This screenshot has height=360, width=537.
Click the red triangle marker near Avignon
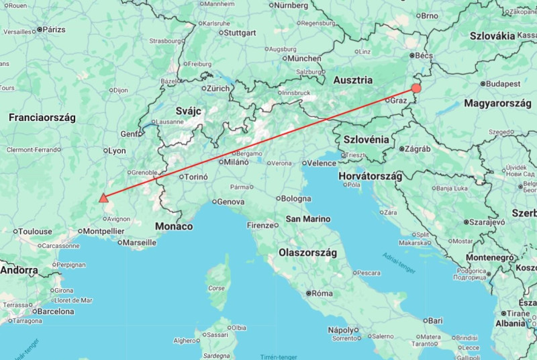point(103,197)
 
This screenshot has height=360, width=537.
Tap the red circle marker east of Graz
point(416,88)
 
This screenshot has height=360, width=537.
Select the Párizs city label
point(54,30)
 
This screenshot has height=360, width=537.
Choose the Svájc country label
point(189,111)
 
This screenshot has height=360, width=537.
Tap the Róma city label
point(323,294)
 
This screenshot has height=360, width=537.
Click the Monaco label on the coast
point(174,226)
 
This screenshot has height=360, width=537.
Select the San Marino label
point(307,219)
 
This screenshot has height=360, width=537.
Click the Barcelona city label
point(54,312)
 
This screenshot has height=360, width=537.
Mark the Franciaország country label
point(42,118)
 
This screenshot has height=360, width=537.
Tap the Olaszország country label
point(307,253)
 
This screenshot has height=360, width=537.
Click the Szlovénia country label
point(366,139)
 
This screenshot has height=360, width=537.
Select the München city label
point(304,58)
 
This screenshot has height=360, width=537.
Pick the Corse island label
point(216,288)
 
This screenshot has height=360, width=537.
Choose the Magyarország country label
point(496,104)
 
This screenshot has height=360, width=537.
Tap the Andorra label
point(19,270)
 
